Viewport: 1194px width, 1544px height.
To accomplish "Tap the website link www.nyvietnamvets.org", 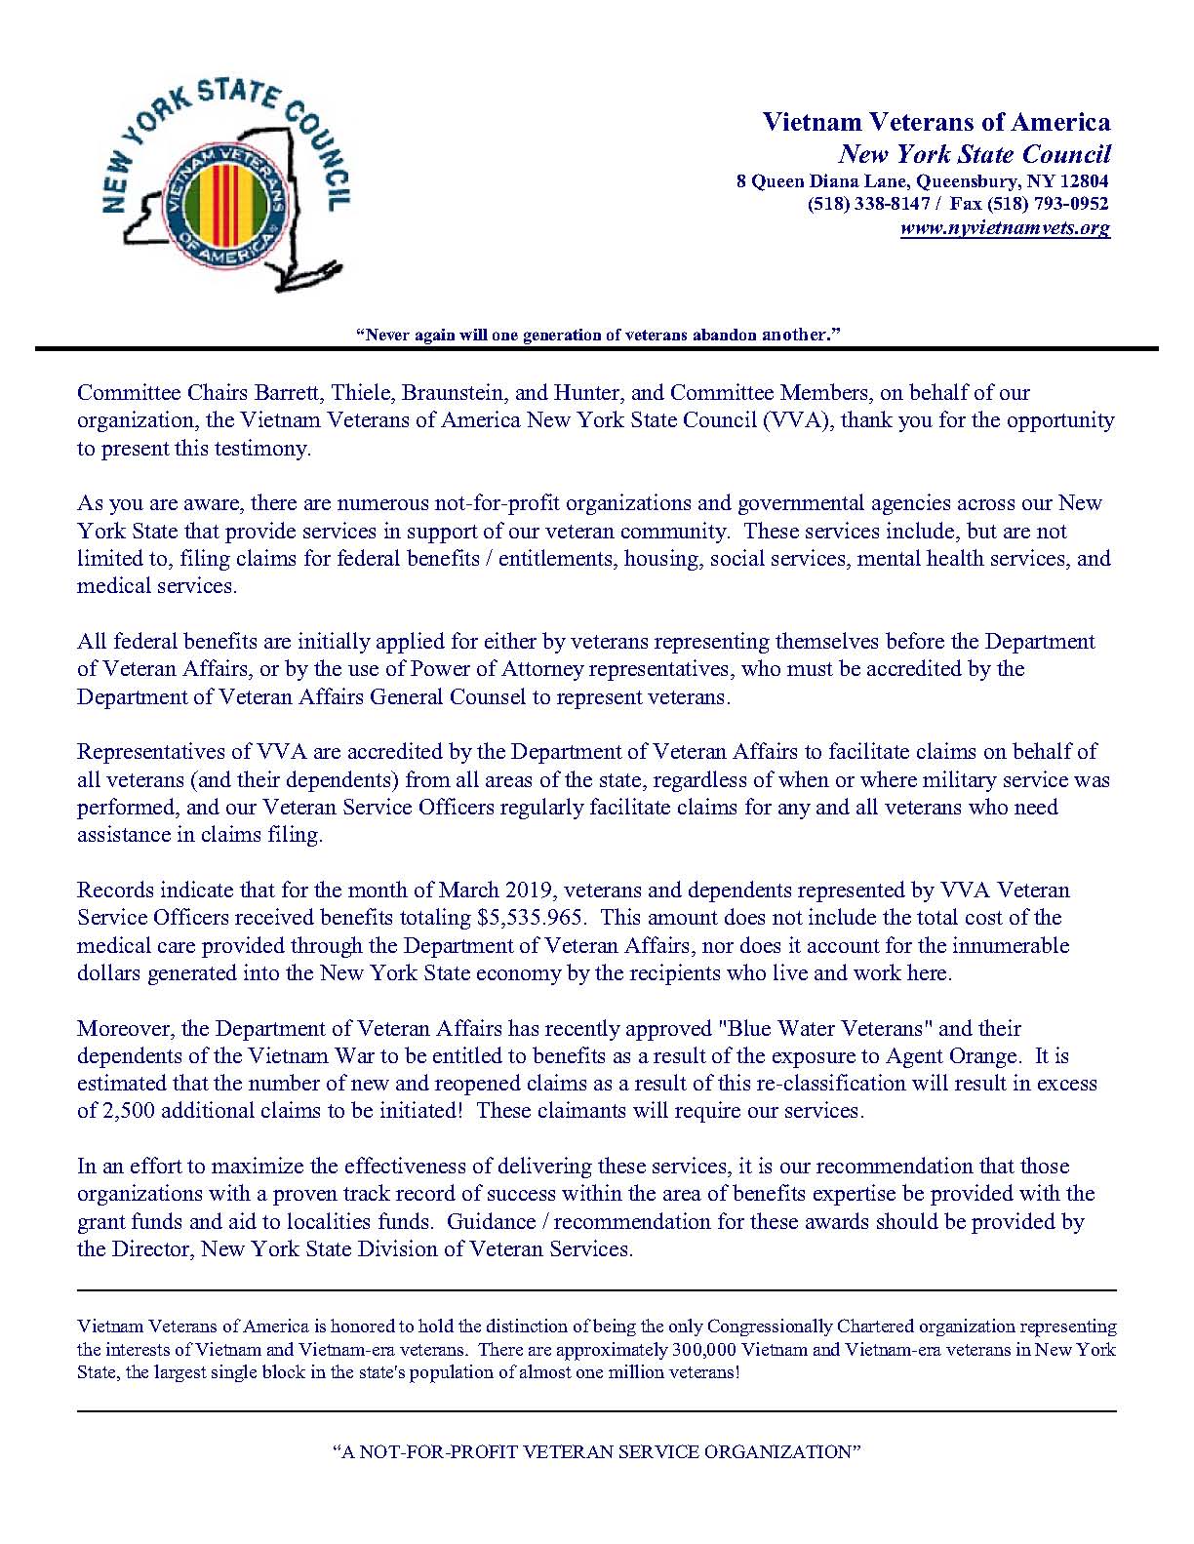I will (1005, 228).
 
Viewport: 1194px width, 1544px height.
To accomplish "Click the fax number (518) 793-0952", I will (1049, 204).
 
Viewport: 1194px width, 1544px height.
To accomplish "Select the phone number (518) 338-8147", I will (868, 204).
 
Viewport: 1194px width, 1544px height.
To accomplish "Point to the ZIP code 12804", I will (1083, 180).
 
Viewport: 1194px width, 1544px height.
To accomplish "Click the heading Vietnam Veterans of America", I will (935, 122).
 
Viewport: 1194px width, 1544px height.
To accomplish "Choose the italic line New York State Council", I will (975, 154).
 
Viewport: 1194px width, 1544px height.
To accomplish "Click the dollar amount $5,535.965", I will (532, 918).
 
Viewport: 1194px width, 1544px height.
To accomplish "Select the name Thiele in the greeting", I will (360, 393).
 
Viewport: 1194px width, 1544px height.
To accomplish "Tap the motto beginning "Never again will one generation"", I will (597, 335).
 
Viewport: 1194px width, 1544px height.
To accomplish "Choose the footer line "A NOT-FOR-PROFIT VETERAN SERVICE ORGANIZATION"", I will (597, 1451).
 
